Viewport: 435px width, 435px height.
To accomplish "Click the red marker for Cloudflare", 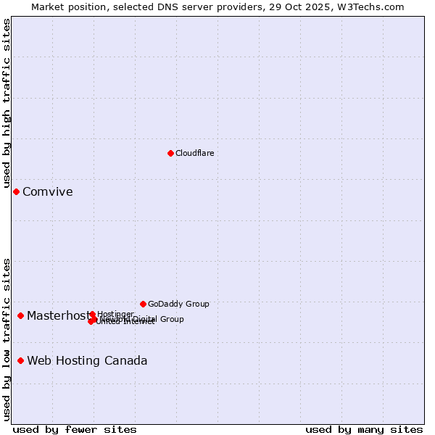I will [170, 153].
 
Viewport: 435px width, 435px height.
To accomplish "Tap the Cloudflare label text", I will [194, 153].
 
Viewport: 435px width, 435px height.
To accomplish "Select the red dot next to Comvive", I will [16, 191].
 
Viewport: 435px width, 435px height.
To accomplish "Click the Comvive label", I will [47, 192].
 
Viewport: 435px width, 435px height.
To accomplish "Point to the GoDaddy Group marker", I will [143, 304].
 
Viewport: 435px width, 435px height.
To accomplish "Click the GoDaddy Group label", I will [178, 304].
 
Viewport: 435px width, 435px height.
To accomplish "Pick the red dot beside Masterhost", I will [20, 315].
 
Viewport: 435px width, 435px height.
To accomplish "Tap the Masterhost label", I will [58, 316].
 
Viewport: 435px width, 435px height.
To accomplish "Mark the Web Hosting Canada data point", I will [20, 360].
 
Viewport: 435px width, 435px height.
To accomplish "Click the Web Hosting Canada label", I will [87, 361].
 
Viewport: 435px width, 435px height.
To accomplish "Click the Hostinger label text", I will [115, 314].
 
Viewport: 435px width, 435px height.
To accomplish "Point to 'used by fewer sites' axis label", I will [75, 429].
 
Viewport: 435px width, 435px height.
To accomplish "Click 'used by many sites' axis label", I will [364, 429].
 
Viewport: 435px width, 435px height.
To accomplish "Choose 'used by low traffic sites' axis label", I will [7, 339].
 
